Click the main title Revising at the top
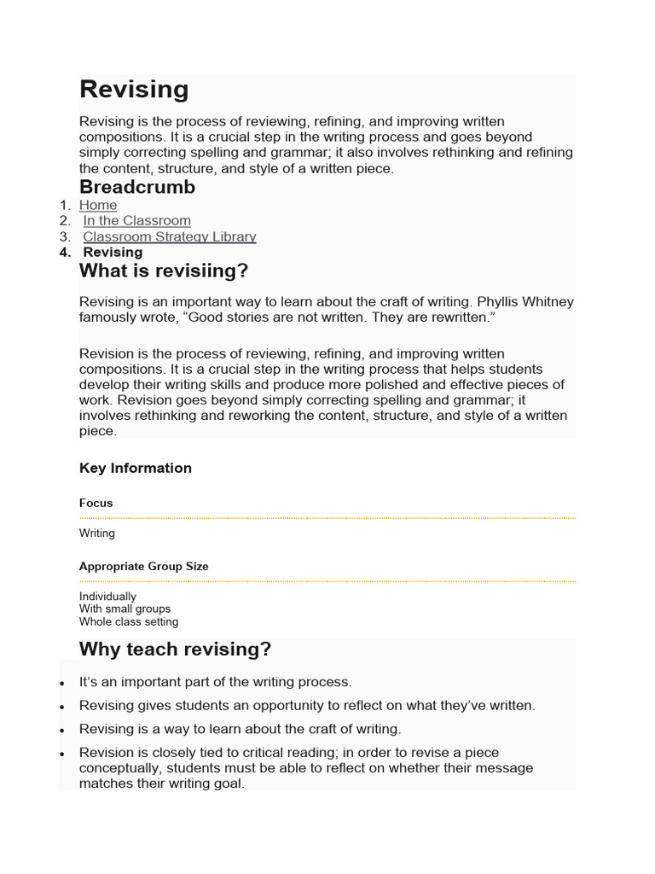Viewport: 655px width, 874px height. click(134, 90)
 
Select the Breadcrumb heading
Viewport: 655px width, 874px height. click(137, 187)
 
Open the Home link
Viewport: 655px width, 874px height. click(98, 206)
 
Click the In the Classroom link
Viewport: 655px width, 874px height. click(136, 221)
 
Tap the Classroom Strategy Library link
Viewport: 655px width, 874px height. click(169, 237)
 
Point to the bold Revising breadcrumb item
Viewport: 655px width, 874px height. click(113, 253)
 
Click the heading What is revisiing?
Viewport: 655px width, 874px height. click(164, 271)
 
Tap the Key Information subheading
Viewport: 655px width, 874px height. click(135, 468)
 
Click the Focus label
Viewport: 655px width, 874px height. click(96, 504)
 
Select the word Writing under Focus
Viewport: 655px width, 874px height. click(96, 533)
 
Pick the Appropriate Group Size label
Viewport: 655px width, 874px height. click(143, 567)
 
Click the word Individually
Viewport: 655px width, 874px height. click(107, 597)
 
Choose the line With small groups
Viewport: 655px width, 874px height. click(125, 609)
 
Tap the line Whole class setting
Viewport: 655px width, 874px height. click(129, 622)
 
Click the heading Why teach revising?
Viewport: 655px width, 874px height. click(175, 650)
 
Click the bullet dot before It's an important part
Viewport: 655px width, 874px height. click(63, 684)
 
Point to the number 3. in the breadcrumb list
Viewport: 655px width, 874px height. click(65, 237)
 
